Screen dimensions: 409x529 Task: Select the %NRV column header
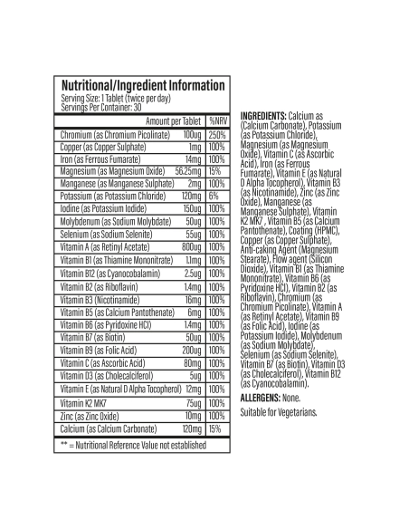pos(216,120)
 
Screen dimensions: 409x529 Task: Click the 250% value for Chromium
pos(216,133)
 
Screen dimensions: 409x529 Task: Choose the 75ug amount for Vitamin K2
pos(192,402)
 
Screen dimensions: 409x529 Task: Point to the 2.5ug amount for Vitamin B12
pos(192,272)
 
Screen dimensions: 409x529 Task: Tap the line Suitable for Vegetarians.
pos(279,412)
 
